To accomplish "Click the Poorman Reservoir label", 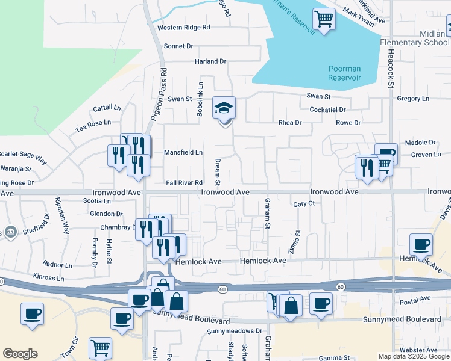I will (x=344, y=73).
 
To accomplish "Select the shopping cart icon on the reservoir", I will (x=324, y=20).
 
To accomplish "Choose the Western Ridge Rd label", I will (x=183, y=28).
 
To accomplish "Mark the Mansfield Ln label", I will (x=183, y=152).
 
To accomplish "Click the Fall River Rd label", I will (x=184, y=182).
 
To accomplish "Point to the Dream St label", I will (x=218, y=171).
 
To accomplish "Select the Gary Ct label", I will (x=304, y=204).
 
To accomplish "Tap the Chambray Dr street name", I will (x=118, y=227).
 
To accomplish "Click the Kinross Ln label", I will (x=49, y=278).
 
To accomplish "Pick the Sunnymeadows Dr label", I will (x=235, y=331).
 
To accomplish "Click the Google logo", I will (x=20, y=354).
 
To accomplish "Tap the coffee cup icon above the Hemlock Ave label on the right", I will (x=421, y=245).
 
